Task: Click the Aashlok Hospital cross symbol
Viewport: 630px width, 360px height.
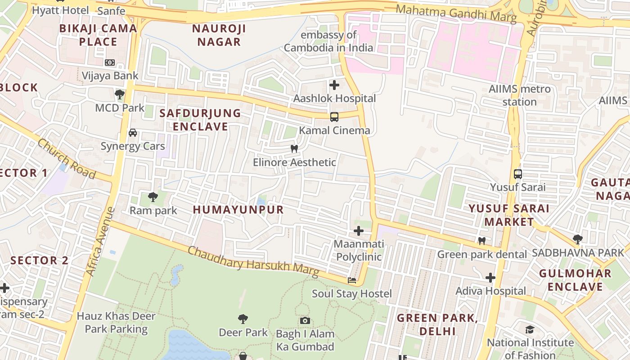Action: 334,85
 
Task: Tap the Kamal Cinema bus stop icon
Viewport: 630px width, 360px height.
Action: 334,117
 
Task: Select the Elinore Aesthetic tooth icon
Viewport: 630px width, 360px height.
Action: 294,148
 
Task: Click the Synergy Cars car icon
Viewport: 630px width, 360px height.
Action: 133,133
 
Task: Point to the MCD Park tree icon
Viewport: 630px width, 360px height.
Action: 119,94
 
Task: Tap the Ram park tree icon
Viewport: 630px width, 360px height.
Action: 153,197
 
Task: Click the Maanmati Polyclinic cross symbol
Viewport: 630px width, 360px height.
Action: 359,231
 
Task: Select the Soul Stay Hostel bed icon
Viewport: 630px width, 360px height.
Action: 352,280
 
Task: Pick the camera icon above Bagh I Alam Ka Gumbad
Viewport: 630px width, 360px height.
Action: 305,320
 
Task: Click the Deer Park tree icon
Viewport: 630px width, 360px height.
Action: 243,319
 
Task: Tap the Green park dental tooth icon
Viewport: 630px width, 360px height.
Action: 482,241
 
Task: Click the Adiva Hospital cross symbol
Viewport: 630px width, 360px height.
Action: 490,278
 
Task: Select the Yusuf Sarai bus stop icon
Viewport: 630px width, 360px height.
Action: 518,174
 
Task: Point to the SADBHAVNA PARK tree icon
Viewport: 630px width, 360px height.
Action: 578,239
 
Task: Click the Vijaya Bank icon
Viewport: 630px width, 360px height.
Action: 110,63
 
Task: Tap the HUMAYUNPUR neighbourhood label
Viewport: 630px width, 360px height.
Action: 238,210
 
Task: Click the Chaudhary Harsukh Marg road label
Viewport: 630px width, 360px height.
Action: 253,262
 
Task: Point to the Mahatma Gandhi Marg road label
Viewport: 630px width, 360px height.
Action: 456,13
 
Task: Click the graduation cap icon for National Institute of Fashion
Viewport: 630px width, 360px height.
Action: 530,330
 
